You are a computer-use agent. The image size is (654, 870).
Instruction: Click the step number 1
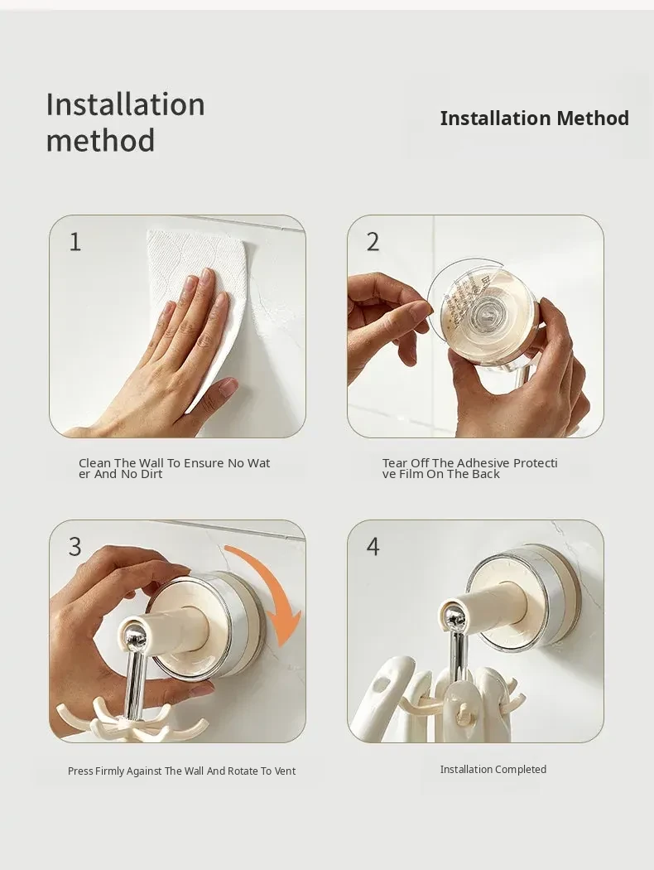75,242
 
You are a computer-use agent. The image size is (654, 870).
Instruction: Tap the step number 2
373,242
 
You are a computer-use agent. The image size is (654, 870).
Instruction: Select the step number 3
75,547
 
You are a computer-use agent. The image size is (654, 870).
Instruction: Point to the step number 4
373,547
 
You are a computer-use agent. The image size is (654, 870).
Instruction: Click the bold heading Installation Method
534,118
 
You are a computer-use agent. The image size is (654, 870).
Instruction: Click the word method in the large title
100,140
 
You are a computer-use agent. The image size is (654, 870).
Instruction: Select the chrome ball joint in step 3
134,636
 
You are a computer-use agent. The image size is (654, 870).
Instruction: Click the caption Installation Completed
493,769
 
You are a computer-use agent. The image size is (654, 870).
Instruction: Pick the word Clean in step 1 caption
94,462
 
